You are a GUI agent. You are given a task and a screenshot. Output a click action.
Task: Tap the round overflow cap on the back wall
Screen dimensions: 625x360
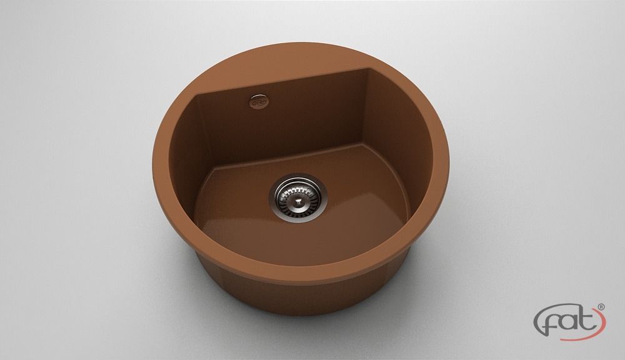point(258,101)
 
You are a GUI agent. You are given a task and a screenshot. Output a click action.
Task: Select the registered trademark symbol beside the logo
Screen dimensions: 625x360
point(601,307)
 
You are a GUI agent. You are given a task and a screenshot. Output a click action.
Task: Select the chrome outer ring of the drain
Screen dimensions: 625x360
point(298,197)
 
